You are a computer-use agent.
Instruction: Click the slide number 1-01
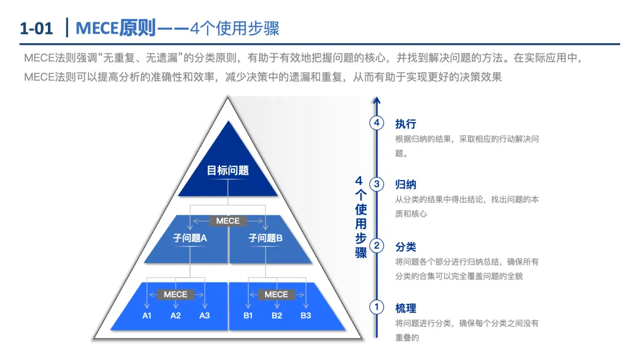(x=36, y=28)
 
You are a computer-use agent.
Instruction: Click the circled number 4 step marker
(x=377, y=123)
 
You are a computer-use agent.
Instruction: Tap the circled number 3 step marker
(x=377, y=184)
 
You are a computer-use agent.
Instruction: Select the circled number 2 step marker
(x=377, y=246)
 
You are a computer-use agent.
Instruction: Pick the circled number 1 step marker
(x=377, y=307)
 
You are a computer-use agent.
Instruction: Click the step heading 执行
(x=406, y=124)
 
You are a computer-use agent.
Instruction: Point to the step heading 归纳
(x=406, y=185)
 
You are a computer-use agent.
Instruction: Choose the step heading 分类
(x=406, y=246)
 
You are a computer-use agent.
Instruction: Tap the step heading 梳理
(x=406, y=308)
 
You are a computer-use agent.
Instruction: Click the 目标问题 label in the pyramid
(x=228, y=171)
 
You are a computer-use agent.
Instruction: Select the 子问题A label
(x=190, y=238)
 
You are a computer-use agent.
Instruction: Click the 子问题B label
(x=266, y=238)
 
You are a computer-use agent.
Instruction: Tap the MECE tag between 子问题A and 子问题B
(x=228, y=221)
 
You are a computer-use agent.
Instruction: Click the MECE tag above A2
(x=175, y=294)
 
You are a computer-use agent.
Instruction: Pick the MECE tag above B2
(x=276, y=294)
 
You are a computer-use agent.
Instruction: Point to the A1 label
(x=147, y=316)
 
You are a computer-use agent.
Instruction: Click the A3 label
(x=204, y=316)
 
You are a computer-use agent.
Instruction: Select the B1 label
(x=248, y=316)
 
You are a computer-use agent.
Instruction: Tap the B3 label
(x=305, y=316)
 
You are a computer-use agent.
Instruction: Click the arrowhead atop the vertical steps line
(x=377, y=101)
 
